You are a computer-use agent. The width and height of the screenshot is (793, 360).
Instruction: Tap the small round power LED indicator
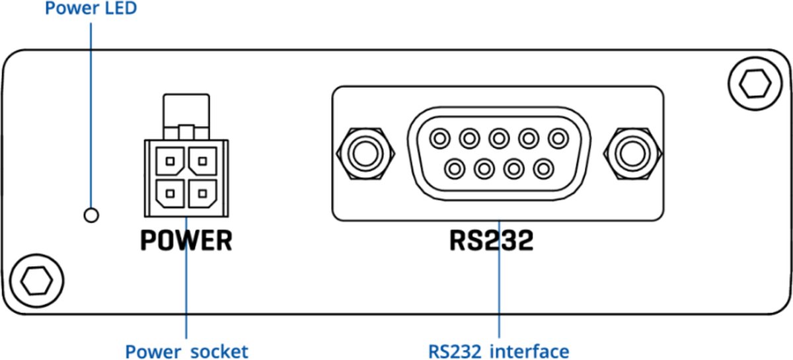coord(91,214)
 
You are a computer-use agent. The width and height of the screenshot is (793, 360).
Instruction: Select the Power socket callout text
coord(187,349)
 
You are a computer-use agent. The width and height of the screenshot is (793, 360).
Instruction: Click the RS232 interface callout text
coord(498,349)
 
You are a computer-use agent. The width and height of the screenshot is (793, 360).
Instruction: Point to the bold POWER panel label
coord(186,241)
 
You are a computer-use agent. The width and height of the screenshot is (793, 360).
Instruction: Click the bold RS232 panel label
coord(491,241)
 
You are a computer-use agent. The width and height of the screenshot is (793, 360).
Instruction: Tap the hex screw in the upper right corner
coord(754,82)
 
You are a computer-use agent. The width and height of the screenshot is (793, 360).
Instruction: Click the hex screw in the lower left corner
coord(36,281)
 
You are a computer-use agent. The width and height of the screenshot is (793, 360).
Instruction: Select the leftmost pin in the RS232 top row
coord(439,139)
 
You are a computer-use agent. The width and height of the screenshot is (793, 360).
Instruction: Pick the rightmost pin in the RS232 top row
coord(558,139)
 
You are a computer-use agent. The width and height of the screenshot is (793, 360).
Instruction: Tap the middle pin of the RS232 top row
coord(499,139)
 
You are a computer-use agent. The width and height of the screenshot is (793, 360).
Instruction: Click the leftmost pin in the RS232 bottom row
coord(454,168)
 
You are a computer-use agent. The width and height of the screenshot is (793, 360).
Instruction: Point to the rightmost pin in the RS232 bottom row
coord(543,168)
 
